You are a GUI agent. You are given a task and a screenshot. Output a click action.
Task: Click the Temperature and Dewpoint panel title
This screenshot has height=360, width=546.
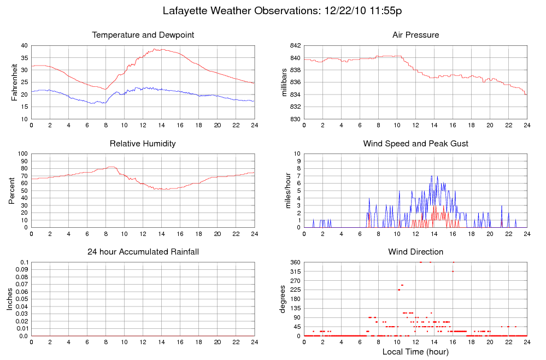point(143,35)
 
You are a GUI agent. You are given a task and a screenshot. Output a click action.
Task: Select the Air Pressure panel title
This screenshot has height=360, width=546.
point(415,35)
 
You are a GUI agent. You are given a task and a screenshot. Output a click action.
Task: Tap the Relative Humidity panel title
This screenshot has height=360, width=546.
point(143,144)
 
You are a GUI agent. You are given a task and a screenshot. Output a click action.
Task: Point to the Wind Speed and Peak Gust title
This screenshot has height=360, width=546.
point(415,144)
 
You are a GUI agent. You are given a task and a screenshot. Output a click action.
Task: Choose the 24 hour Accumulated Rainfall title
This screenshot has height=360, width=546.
point(143,252)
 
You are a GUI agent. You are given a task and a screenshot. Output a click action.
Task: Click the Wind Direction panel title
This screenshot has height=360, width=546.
point(415,252)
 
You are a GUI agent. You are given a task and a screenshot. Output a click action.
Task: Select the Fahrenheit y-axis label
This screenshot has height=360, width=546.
point(15,82)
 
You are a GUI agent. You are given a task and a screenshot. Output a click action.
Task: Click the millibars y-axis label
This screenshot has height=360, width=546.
point(284,82)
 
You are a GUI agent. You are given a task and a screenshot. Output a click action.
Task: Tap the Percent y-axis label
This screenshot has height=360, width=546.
point(11,191)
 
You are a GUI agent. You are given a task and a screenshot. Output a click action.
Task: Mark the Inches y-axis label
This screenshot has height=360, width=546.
point(9,299)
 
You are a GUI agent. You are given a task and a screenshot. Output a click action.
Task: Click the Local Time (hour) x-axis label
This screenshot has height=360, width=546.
point(415,351)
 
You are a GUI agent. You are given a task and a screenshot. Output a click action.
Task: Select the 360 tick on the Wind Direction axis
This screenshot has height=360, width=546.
point(295,263)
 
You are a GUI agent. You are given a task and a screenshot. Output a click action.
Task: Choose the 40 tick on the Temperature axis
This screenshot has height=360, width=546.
point(24,46)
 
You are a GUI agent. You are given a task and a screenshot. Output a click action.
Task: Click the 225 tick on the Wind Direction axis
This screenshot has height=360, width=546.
point(295,290)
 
